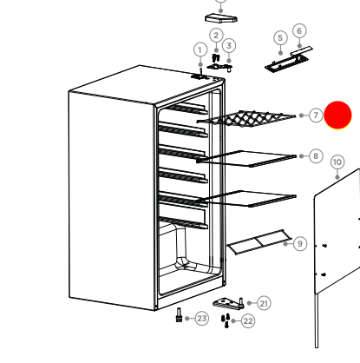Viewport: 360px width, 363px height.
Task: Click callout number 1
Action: (x=200, y=49)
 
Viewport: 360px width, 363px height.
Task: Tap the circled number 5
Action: (x=279, y=37)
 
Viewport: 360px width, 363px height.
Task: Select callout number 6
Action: (x=299, y=30)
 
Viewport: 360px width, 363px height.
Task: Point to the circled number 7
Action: (x=316, y=115)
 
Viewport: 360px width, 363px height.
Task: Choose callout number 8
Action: (x=316, y=156)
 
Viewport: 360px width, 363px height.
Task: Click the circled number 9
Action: (x=300, y=244)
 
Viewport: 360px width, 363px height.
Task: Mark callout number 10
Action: (x=337, y=162)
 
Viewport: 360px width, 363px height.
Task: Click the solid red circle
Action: (x=337, y=115)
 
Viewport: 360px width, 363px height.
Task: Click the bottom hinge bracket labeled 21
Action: (x=229, y=302)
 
